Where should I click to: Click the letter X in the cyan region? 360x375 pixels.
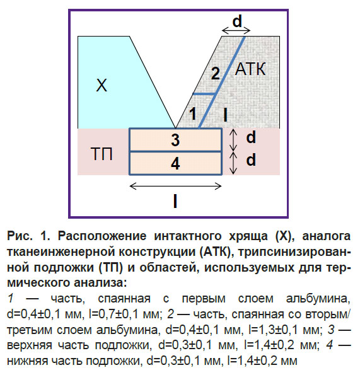pos(102,85)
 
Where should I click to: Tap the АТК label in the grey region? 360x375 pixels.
pos(250,69)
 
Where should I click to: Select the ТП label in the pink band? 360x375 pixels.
pos(102,154)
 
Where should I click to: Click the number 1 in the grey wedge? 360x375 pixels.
pos(193,113)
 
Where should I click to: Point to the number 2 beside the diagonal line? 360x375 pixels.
pos(216,73)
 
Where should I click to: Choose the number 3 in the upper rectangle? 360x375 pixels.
pos(175,140)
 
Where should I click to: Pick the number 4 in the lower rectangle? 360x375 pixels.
pos(175,164)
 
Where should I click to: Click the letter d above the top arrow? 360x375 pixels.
pos(237,21)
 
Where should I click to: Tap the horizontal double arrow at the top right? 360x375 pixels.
pos(236,30)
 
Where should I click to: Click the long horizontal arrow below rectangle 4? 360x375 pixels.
pos(175,186)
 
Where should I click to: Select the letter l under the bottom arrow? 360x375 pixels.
pos(175,202)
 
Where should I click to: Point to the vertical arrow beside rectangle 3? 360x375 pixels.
pos(233,140)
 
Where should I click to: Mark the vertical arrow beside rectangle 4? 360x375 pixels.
pos(233,163)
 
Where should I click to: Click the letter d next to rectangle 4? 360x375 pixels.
pos(251,159)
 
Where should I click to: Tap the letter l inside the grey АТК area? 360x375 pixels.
pos(225,115)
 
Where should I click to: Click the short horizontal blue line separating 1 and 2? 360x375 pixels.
pos(204,94)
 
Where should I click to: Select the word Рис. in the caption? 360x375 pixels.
pos(20,236)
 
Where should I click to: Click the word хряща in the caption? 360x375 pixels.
pos(249,237)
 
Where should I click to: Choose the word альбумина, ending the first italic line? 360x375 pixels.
pos(318,299)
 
